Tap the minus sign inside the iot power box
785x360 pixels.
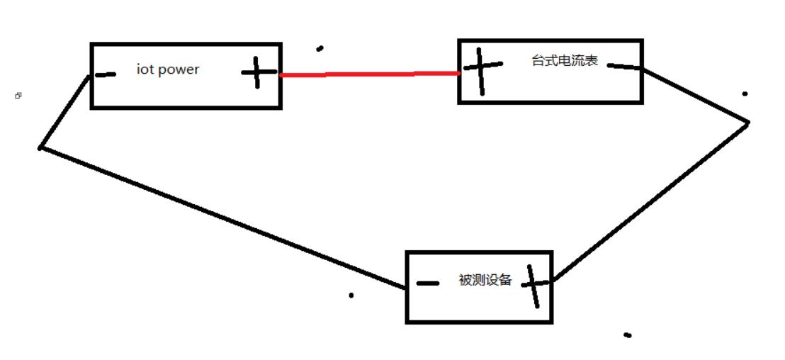click(106, 74)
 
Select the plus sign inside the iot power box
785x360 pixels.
click(257, 72)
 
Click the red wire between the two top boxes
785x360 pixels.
click(368, 73)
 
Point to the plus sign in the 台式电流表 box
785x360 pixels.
click(482, 69)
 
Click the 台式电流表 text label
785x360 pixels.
click(565, 61)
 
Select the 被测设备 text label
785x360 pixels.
click(485, 280)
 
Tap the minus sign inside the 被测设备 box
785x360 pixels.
click(428, 283)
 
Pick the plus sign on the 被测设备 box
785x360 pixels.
click(533, 284)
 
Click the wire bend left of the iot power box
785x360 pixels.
click(41, 147)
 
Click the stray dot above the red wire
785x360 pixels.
click(320, 48)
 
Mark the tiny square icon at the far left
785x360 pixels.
click(18, 96)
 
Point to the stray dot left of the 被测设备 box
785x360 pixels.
click(351, 295)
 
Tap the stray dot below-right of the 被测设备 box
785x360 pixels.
click(627, 334)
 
